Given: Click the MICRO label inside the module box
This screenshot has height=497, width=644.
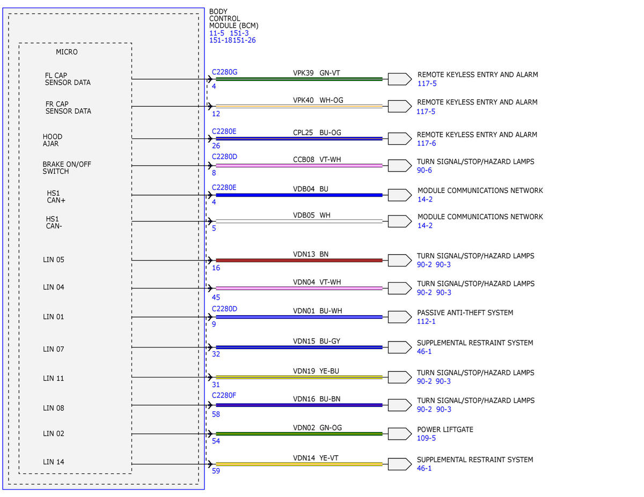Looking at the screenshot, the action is pos(67,52).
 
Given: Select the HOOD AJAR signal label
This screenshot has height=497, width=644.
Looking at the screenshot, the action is pos(53,140).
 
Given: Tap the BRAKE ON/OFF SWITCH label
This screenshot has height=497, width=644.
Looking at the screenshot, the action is pos(67,168).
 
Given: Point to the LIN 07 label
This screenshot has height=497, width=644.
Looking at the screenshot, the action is pos(53,349).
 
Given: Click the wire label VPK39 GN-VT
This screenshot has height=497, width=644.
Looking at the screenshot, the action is pos(316,73).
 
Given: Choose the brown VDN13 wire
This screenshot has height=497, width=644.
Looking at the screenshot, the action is pos(299,261).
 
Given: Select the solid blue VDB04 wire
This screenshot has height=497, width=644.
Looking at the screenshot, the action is pos(299,195).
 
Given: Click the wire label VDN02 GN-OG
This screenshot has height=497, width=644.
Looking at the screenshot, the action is pos(317,428).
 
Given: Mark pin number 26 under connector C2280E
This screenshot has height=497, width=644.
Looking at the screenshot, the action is pos(216,146).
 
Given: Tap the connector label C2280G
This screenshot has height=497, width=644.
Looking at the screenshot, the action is pos(224,72).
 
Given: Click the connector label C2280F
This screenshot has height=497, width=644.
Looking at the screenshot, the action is pos(224,396).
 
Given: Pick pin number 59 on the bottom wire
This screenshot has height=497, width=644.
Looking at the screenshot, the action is pos(216,471).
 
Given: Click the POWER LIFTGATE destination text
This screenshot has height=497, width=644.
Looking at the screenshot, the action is pos(445,429).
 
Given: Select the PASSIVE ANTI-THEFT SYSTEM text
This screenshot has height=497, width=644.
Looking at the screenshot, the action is pos(465,313).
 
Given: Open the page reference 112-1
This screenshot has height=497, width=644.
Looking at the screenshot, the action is pos(426,322).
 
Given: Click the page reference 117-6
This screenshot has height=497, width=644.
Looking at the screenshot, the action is pos(427,144).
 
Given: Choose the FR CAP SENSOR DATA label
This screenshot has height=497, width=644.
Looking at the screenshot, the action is pos(68,108).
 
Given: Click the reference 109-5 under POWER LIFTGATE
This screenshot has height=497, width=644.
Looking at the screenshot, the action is pos(426,438).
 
